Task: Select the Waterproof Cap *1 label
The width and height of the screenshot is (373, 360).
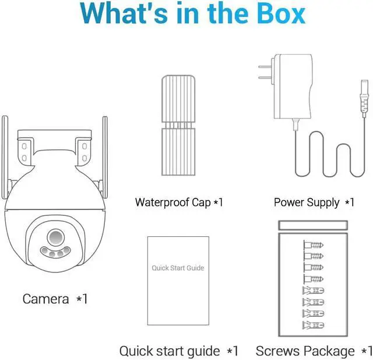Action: (179, 202)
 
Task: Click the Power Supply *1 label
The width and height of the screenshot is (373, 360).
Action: (314, 202)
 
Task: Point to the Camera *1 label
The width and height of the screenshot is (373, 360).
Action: (55, 299)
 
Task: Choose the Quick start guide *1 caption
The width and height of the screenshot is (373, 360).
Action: (179, 351)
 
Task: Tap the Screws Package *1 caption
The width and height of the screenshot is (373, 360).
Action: (314, 351)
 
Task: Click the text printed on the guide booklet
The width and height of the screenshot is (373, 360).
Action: (178, 268)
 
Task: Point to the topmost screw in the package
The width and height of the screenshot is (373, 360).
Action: (313, 244)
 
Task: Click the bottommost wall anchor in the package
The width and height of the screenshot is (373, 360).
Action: (313, 324)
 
